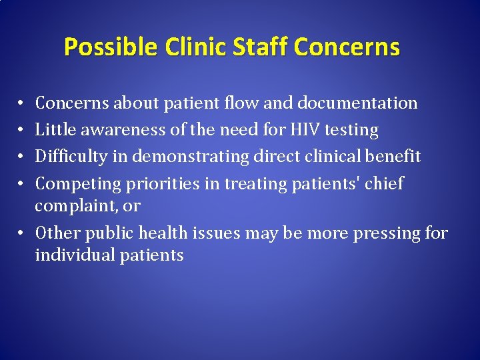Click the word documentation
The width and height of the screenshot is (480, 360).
click(357, 103)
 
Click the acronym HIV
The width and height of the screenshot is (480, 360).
click(305, 130)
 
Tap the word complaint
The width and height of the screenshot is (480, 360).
click(71, 207)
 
